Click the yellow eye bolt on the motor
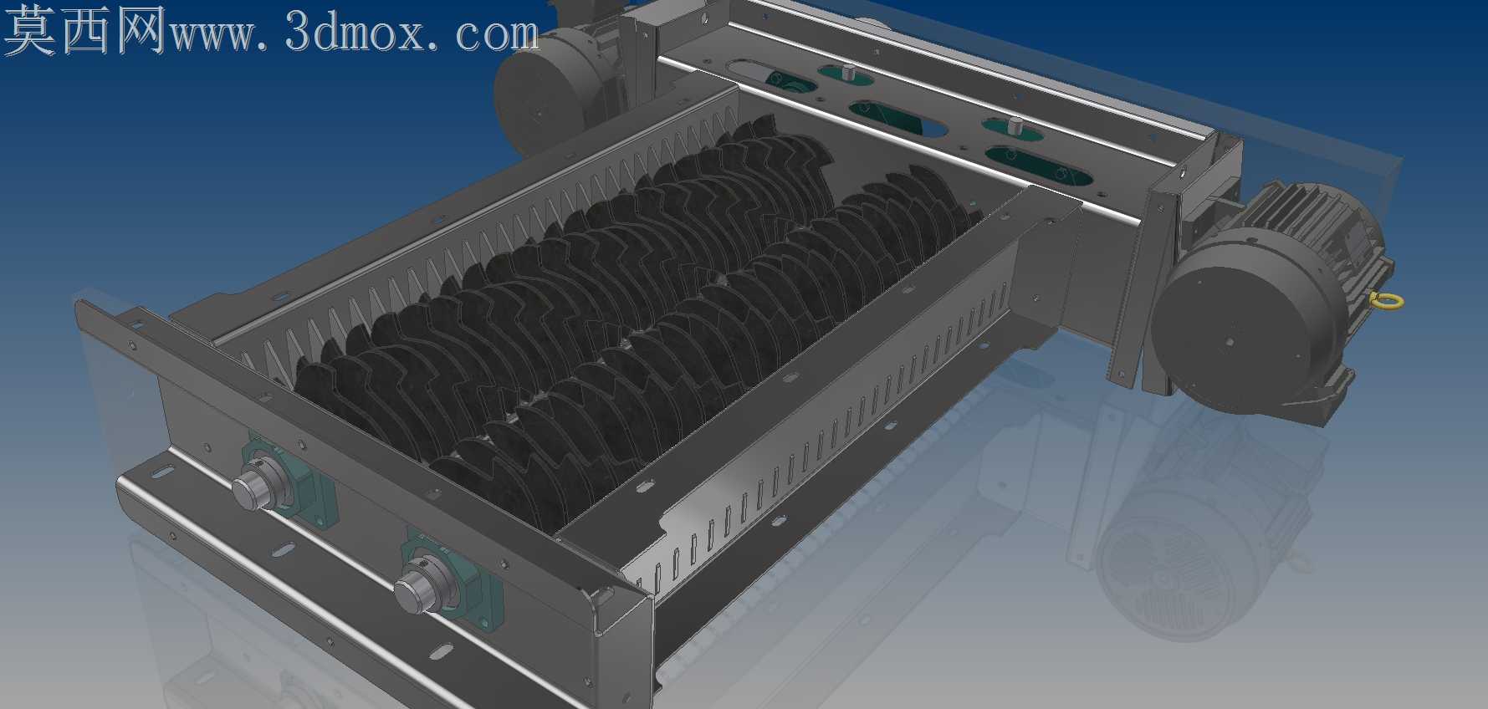pyautogui.click(x=1388, y=301)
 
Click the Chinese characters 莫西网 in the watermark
pyautogui.click(x=84, y=31)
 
